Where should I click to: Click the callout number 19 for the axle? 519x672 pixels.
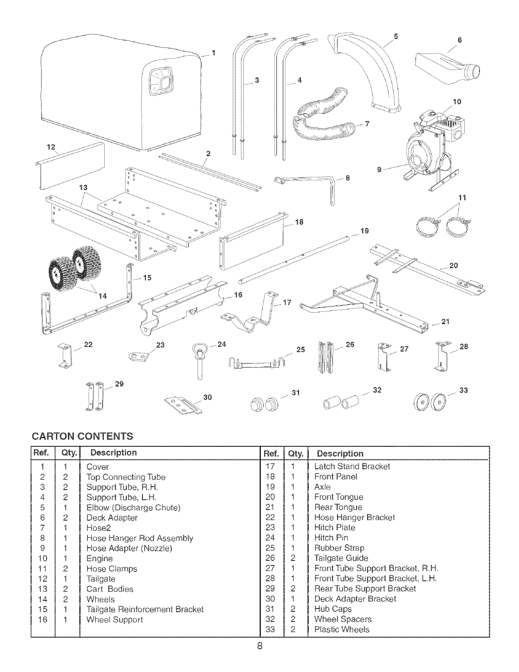coord(364,231)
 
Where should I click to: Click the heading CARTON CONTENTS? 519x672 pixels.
coord(82,436)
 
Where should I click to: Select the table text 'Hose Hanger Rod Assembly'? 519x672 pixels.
coord(140,538)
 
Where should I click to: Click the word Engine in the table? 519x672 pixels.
coord(99,558)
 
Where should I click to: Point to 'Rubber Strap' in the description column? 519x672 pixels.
coord(339,548)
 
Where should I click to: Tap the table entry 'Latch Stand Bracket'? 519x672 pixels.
coord(352,466)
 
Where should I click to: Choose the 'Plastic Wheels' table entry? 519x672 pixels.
coord(342,629)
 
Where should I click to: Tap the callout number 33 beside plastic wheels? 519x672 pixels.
coord(463,390)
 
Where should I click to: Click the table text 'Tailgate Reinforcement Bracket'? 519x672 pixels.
coord(145,609)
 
